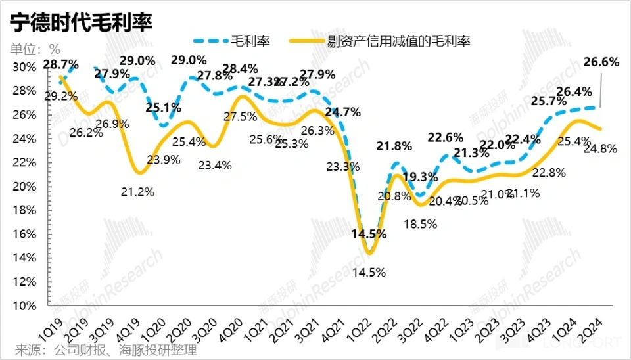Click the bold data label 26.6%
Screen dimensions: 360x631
click(601, 62)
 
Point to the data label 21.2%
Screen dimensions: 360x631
click(138, 192)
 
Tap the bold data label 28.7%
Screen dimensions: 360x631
click(60, 64)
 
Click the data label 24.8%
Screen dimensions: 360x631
click(599, 148)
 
